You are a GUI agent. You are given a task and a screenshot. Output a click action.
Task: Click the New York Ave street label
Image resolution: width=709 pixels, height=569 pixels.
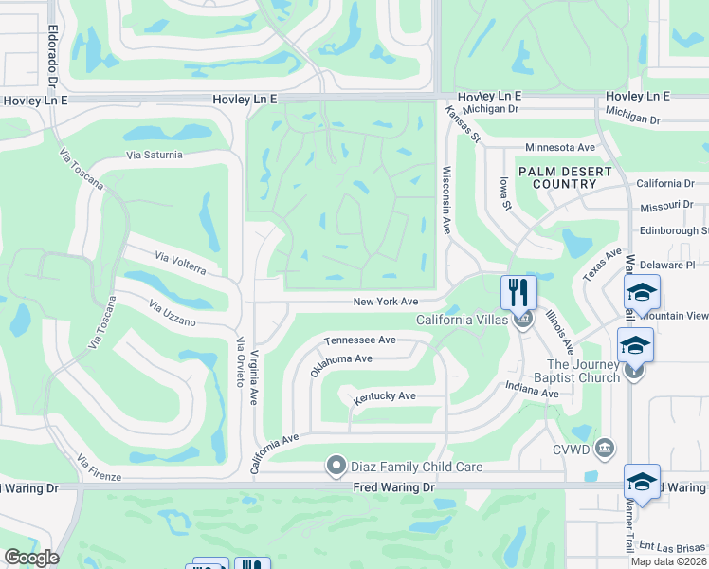[385, 302]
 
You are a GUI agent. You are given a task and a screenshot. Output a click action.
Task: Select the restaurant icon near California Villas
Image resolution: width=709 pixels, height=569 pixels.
[518, 291]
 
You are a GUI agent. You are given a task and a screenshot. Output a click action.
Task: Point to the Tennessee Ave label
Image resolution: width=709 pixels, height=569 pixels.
[359, 340]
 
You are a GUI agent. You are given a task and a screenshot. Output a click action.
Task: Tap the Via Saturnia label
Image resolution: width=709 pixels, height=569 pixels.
[155, 155]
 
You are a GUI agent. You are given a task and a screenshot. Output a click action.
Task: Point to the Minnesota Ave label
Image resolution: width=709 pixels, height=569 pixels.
[559, 148]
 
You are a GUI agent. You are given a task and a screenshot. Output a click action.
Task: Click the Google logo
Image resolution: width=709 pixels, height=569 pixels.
[31, 558]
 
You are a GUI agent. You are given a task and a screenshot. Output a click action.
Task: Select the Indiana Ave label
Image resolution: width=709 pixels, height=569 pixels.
[532, 387]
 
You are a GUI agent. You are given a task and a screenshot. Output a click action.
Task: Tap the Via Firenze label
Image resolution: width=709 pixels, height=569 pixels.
[99, 468]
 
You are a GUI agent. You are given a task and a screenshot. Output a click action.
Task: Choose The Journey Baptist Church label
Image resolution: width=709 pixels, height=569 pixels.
[582, 371]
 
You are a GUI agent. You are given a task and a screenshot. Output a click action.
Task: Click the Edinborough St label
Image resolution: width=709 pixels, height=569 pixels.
[672, 230]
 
